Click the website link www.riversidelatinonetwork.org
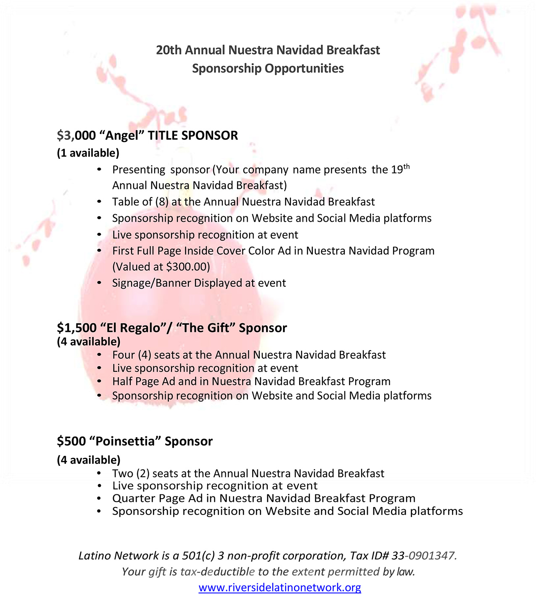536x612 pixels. click(280, 587)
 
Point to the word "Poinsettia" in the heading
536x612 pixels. click(129, 441)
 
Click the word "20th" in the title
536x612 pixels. click(169, 50)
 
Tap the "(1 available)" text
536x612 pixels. click(88, 153)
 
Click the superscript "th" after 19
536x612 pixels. click(407, 167)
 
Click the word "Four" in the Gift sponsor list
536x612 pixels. click(123, 355)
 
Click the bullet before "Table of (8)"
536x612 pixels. click(99, 202)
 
